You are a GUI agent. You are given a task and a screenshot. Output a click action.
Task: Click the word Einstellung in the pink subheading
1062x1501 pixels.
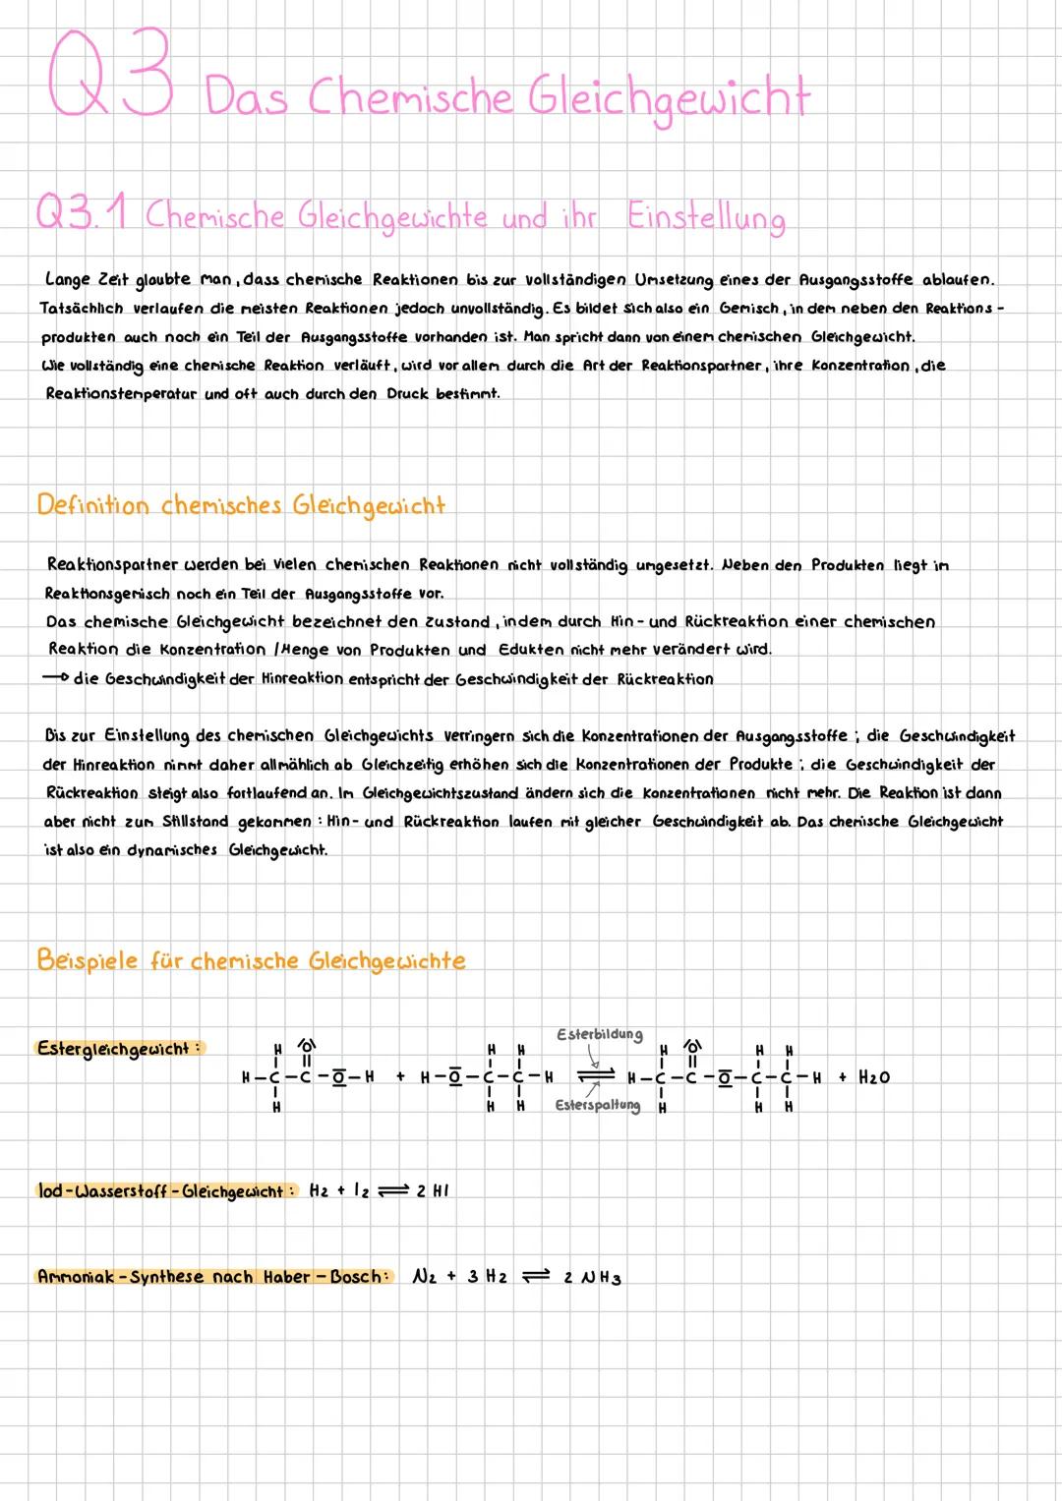(x=706, y=217)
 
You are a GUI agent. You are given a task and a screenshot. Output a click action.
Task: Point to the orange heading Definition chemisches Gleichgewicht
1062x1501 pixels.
(x=241, y=506)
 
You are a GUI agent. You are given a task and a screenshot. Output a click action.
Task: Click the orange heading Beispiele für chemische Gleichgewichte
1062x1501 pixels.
(x=251, y=960)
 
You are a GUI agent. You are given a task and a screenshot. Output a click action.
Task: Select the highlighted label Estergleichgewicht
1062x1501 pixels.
(x=117, y=1048)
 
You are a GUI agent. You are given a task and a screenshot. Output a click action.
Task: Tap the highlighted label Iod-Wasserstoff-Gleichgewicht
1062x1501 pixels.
(x=165, y=1191)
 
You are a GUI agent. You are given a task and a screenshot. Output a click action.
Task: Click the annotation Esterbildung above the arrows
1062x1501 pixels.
(x=599, y=1034)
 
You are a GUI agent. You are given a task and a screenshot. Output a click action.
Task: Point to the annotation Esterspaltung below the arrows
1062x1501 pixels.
(x=597, y=1106)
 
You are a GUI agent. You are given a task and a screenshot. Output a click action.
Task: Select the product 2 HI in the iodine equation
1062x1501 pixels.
(x=433, y=1191)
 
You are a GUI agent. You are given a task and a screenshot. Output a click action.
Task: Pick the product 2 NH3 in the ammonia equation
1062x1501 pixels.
(x=592, y=1278)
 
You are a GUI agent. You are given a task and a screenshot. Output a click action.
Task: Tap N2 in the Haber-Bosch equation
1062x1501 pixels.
(x=424, y=1277)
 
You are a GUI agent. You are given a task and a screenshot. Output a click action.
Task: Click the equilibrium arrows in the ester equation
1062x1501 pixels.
(x=593, y=1075)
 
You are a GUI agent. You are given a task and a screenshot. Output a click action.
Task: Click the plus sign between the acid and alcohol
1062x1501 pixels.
(x=400, y=1077)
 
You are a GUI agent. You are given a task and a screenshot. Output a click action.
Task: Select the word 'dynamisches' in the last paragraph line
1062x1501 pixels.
(x=172, y=849)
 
